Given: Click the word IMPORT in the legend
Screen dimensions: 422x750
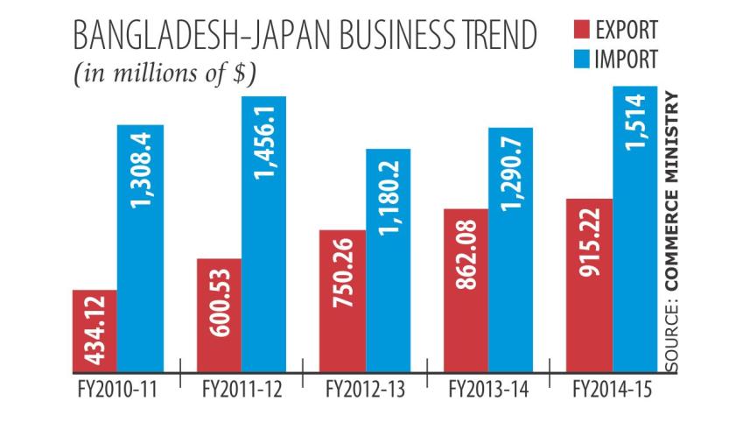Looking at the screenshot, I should coord(627,60).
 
